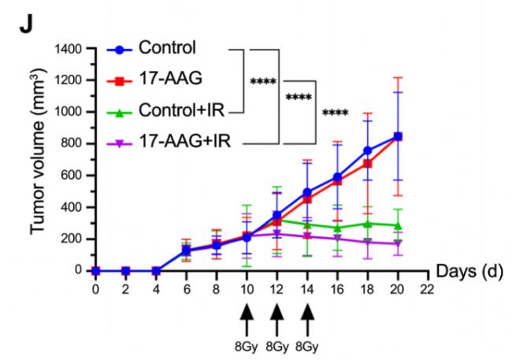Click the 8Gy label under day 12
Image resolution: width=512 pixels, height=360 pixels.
(x=277, y=344)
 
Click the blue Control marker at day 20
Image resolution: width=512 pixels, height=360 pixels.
(x=398, y=136)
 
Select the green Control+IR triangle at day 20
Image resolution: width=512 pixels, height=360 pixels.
(x=398, y=225)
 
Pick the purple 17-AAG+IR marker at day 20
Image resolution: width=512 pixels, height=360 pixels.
(x=398, y=243)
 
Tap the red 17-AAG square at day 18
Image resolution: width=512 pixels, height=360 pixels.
(x=368, y=164)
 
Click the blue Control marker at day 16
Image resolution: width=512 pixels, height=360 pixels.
(x=337, y=177)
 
